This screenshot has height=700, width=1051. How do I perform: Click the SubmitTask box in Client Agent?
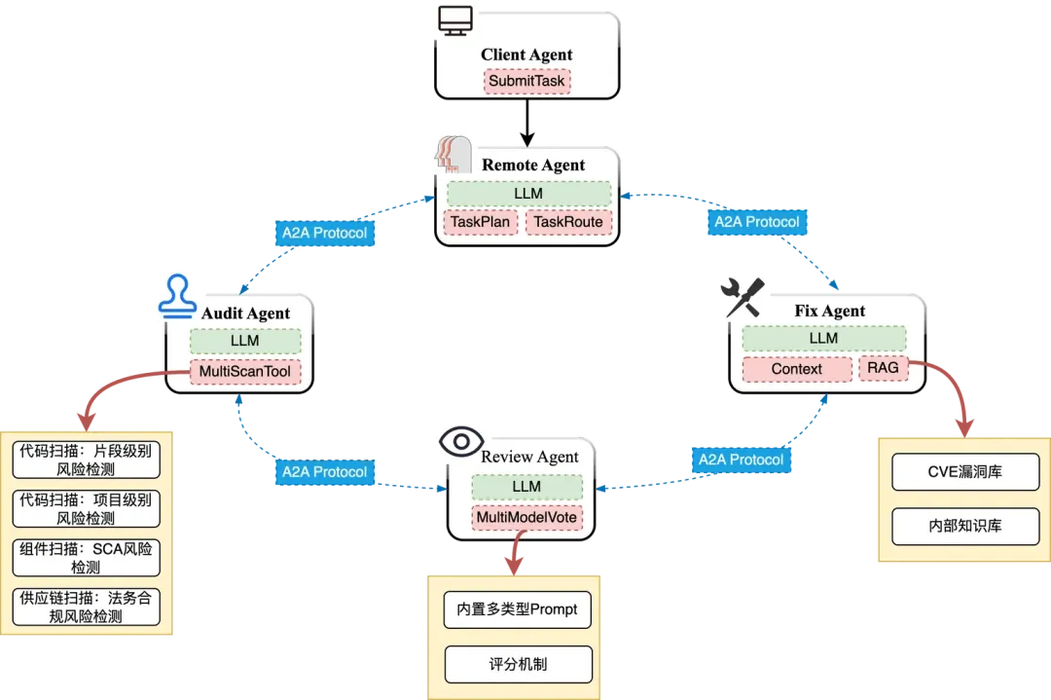[x=526, y=81]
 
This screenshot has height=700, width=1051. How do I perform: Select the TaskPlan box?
[x=480, y=222]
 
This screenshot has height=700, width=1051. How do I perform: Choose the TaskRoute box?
[x=569, y=222]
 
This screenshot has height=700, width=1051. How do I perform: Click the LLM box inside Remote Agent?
[x=528, y=193]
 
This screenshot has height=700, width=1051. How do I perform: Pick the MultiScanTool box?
[x=245, y=371]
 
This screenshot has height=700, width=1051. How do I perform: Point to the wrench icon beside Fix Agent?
[x=742, y=296]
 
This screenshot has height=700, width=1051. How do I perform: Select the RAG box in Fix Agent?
[x=883, y=368]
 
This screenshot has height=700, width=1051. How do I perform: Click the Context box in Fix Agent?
[x=797, y=369]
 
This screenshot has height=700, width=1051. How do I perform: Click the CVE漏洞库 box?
[x=965, y=472]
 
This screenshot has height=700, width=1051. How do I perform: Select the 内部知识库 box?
[x=965, y=526]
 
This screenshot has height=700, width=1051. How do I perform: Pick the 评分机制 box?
[x=517, y=665]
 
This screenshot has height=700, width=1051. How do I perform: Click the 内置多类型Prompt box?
[x=517, y=609]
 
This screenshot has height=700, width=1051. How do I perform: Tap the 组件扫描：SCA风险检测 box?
[x=86, y=557]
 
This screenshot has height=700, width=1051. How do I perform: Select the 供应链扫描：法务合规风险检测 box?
[x=86, y=607]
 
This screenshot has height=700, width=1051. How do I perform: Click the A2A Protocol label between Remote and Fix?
[x=756, y=222]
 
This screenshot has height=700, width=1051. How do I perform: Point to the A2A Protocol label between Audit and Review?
[x=324, y=471]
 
